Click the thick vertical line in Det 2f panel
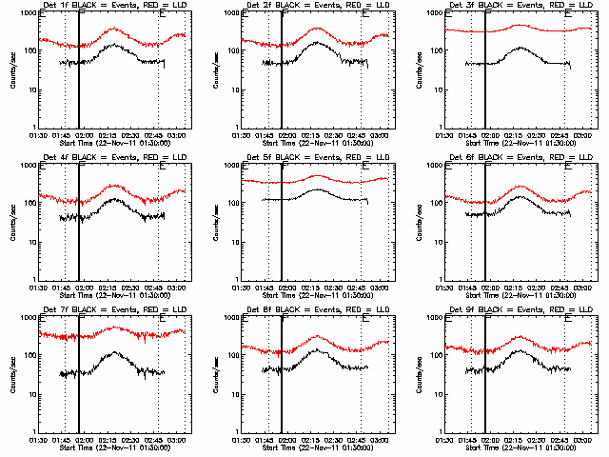(282, 76)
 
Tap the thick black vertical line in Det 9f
(485, 381)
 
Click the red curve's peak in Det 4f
(114, 185)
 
